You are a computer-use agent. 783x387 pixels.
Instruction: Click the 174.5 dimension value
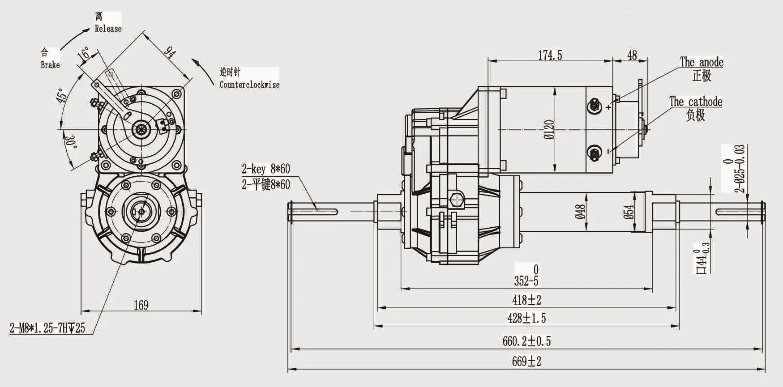(x=550, y=55)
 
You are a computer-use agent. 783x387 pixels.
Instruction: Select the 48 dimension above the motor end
(x=632, y=55)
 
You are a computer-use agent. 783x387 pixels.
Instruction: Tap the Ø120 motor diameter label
(x=549, y=130)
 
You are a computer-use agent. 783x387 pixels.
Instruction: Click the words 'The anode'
(x=701, y=62)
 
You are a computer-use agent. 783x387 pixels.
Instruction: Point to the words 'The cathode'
(x=695, y=102)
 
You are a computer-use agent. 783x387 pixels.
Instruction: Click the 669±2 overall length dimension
(x=526, y=361)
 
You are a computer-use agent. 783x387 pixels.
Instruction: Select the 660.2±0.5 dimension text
(x=526, y=341)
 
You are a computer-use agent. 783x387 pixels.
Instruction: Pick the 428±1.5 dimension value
(x=526, y=318)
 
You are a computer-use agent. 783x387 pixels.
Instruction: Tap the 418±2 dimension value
(x=526, y=300)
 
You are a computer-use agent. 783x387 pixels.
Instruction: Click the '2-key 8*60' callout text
(x=265, y=169)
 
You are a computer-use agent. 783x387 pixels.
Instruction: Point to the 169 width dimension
(x=141, y=305)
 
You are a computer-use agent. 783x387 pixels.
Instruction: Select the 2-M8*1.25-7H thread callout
(x=47, y=328)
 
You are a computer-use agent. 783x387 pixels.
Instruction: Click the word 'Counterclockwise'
(x=249, y=85)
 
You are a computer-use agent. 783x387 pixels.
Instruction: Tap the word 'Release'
(x=108, y=29)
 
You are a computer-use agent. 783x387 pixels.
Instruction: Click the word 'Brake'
(x=50, y=65)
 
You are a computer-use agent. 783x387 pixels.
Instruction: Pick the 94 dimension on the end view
(x=170, y=52)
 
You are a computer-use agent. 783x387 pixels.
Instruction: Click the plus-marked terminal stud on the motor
(x=595, y=106)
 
